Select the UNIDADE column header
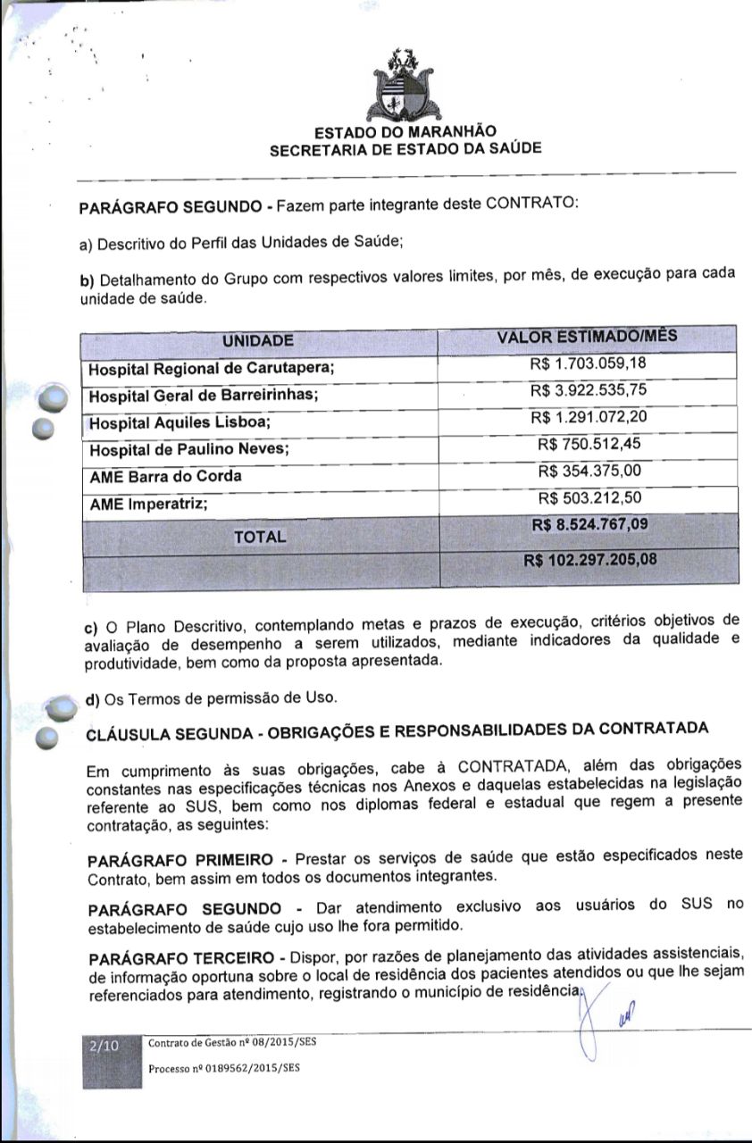257,340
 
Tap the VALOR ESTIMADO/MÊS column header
587,337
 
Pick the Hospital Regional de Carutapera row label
211,368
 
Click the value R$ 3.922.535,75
588,390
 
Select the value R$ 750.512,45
590,444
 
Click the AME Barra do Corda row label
165,477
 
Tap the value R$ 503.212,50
590,497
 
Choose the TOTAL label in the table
259,537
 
